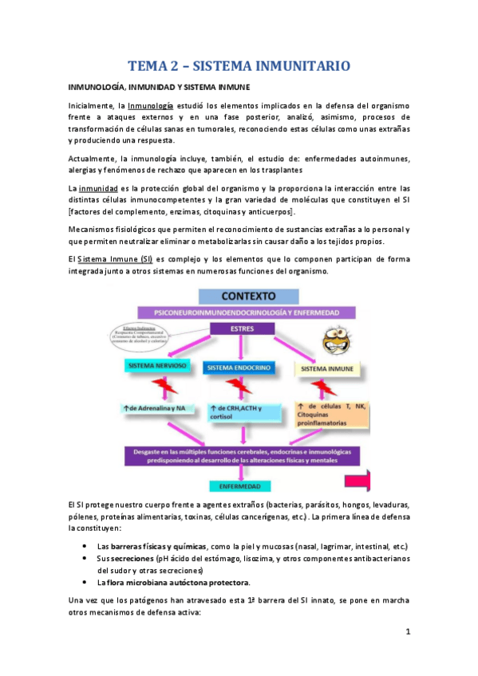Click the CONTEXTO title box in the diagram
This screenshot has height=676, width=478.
[247, 297]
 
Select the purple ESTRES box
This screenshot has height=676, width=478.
[241, 328]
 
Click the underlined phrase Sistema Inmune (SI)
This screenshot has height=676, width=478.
[120, 260]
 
